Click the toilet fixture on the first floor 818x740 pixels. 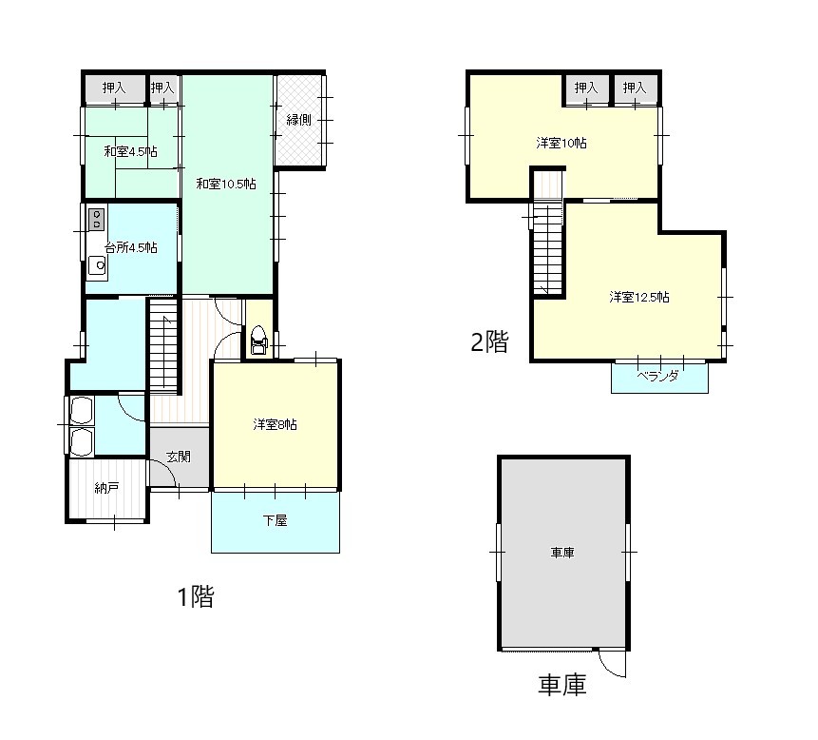258,340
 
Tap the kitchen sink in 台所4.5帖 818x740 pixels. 97,266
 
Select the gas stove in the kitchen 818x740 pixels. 96,219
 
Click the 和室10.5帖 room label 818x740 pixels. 226,184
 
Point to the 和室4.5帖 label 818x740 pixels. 130,152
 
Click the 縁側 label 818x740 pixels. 299,120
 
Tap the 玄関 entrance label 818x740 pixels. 179,457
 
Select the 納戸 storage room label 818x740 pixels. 107,488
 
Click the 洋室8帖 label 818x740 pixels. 275,424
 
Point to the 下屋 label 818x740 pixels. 275,520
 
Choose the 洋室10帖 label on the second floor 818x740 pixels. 561,143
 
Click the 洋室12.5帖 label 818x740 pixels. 639,297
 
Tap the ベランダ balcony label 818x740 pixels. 657,376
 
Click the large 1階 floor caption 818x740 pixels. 196,596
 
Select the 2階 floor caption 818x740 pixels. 489,342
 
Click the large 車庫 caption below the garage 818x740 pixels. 562,685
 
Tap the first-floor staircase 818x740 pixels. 163,343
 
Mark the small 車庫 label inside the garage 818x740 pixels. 562,553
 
